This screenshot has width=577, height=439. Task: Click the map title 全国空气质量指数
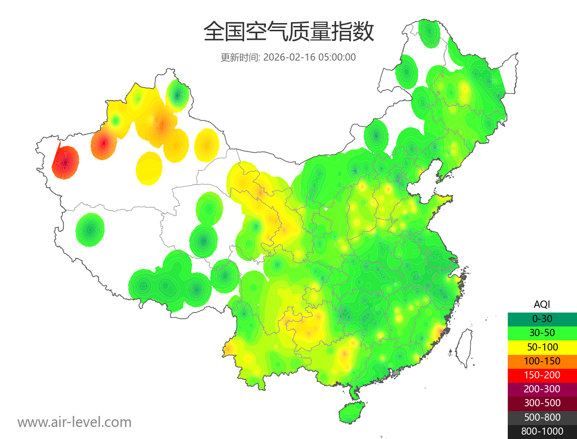(288, 32)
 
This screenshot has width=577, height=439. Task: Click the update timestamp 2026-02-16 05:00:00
(310, 57)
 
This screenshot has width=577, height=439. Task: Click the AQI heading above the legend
(542, 304)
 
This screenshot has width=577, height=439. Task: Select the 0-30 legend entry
(542, 318)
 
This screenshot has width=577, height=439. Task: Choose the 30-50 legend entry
(542, 332)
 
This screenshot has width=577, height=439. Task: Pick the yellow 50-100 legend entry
(542, 347)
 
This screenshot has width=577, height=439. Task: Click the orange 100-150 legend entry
(542, 361)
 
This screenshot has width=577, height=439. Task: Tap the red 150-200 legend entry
(542, 375)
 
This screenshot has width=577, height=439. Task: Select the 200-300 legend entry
(542, 389)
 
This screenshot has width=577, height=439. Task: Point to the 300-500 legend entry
(542, 403)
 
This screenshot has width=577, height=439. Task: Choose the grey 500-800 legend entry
(542, 417)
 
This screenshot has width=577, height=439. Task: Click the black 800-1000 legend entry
(542, 431)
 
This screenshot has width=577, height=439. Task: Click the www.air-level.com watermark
(75, 423)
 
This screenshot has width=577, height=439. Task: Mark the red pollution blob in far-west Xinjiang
(65, 162)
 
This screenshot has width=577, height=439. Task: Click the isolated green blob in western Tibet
(90, 230)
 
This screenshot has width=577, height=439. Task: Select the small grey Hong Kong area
(396, 373)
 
